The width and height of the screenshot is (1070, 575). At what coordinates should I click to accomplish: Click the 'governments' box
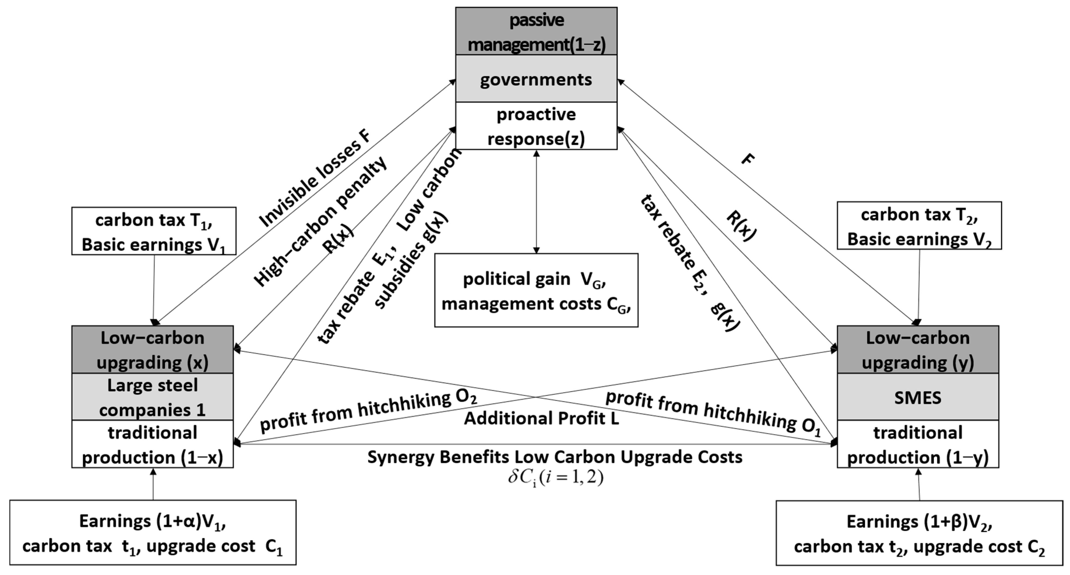tap(536, 79)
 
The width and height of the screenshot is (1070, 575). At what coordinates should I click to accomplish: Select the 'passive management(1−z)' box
tap(536, 31)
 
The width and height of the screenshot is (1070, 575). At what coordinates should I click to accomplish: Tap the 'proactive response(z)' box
tap(536, 126)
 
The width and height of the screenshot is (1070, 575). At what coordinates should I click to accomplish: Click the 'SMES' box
tap(918, 397)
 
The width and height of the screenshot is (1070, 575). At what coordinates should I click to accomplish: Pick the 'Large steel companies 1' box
tap(152, 397)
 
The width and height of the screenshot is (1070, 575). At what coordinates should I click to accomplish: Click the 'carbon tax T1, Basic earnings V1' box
tap(154, 231)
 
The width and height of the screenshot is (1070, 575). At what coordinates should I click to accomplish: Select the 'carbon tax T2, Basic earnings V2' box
tap(919, 226)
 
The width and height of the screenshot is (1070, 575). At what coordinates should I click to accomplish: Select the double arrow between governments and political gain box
tap(536, 202)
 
